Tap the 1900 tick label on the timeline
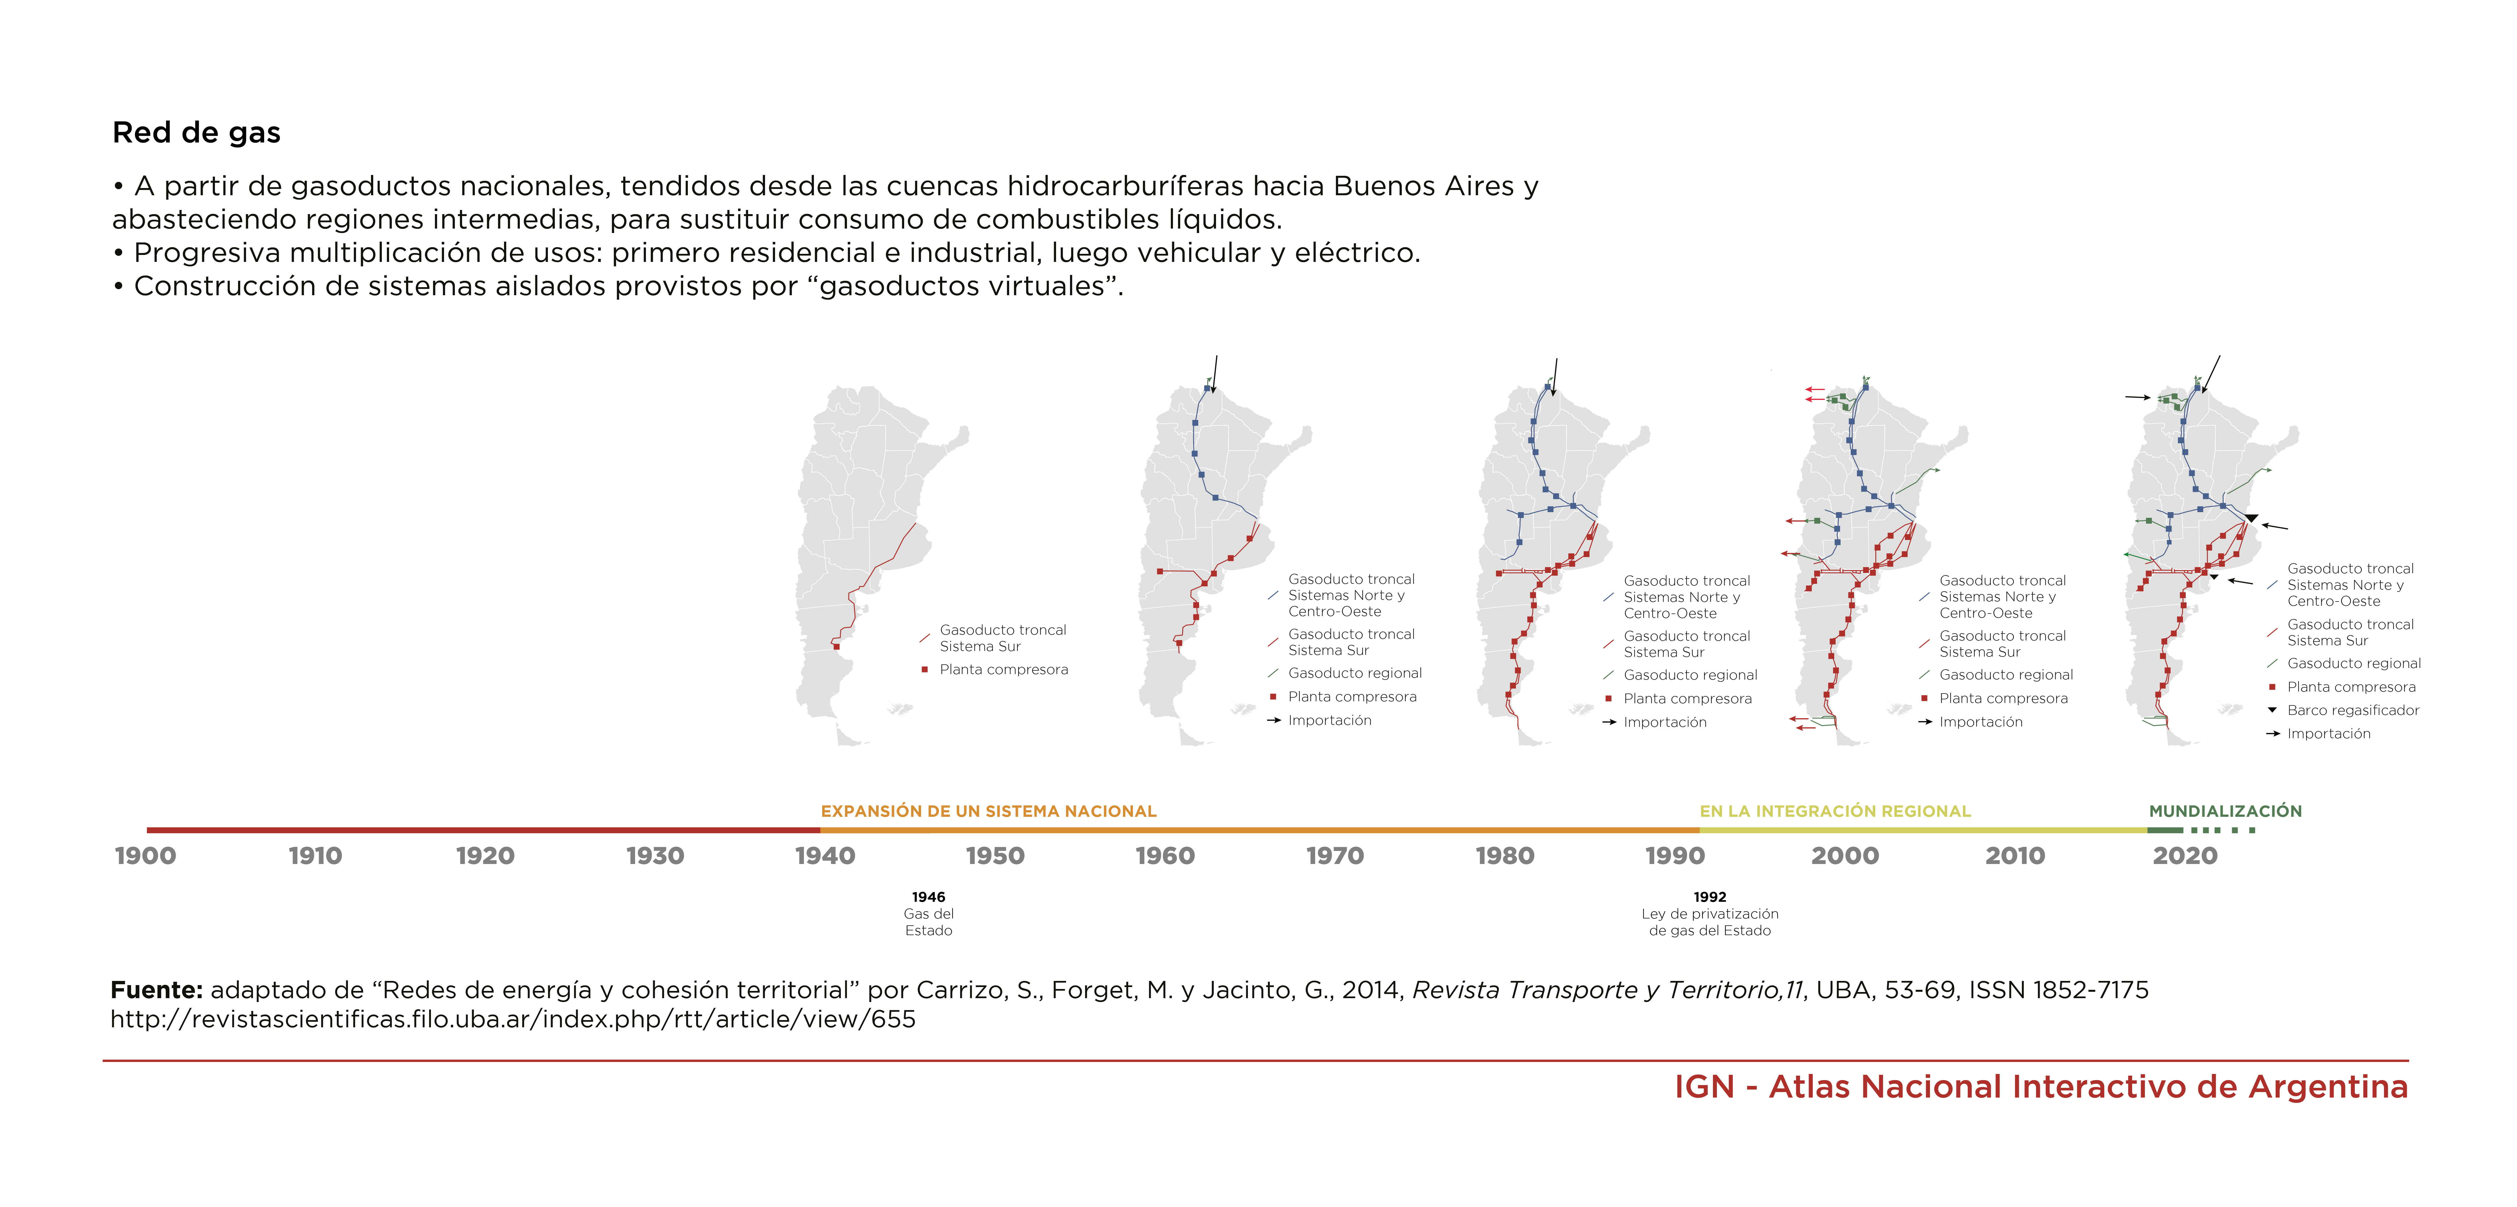point(146,856)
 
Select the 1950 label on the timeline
point(995,856)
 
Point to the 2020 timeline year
point(2185,856)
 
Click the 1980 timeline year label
point(1505,856)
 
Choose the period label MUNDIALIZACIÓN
point(2225,811)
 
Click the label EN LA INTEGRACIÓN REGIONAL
point(1835,811)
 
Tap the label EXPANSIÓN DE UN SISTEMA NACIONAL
point(988,811)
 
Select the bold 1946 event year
point(928,897)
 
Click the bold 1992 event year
point(1710,897)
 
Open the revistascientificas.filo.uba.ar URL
point(513,1019)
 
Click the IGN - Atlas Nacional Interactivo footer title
point(2041,1087)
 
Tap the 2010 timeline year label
point(2015,856)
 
